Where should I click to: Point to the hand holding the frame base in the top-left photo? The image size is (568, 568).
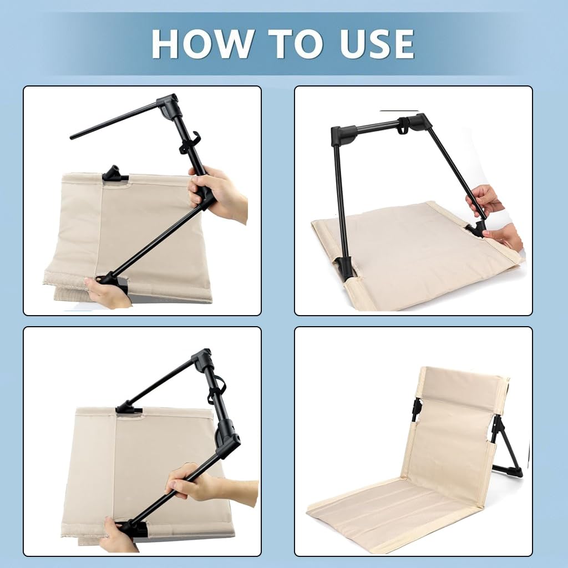(x=105, y=292)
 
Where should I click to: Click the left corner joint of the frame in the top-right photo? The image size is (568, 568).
(x=343, y=135)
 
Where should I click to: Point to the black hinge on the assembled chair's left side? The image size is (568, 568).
(x=417, y=410)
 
